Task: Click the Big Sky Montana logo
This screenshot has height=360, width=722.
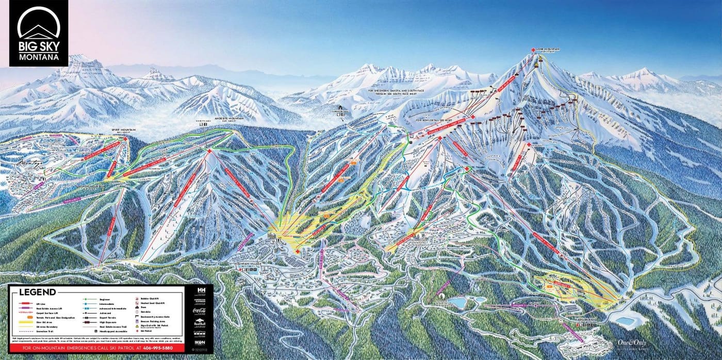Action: pos(39,33)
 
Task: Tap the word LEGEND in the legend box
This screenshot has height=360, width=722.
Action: pos(37,292)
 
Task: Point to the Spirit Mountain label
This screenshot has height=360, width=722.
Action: pos(123,130)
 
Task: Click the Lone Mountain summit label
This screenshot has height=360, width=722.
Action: pos(548,50)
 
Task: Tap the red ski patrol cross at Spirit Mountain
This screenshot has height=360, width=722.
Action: pos(125,139)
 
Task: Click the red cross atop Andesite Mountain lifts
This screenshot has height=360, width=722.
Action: pos(209,151)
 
